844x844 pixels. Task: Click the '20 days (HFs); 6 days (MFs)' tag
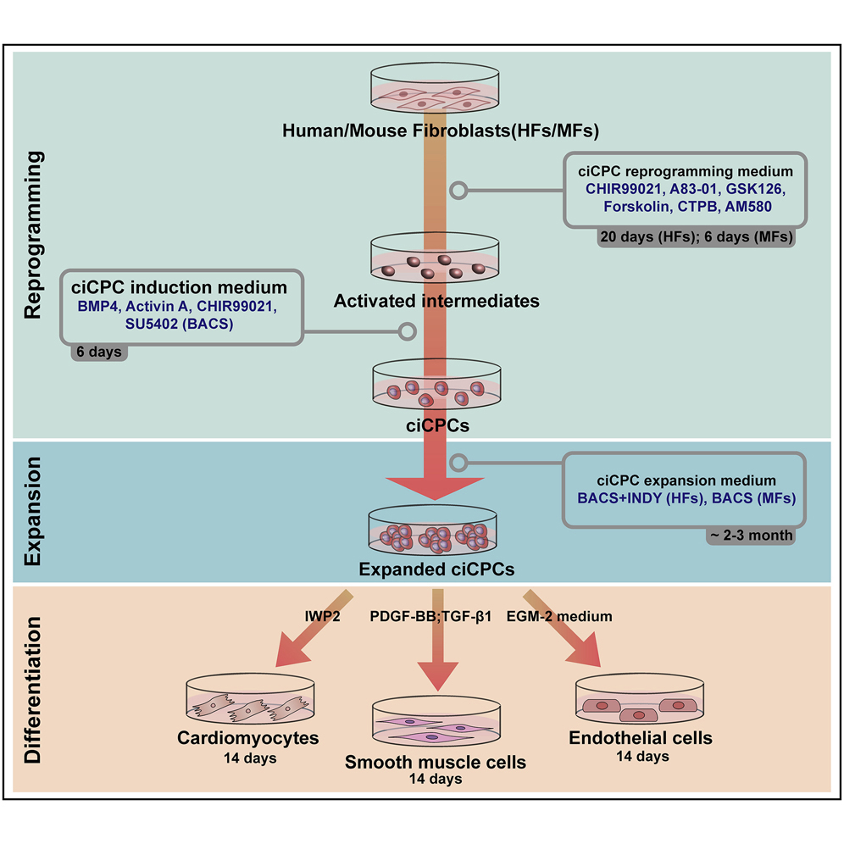tap(695, 238)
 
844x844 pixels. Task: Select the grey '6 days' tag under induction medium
tap(99, 351)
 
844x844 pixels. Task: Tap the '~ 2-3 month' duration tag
tap(751, 534)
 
